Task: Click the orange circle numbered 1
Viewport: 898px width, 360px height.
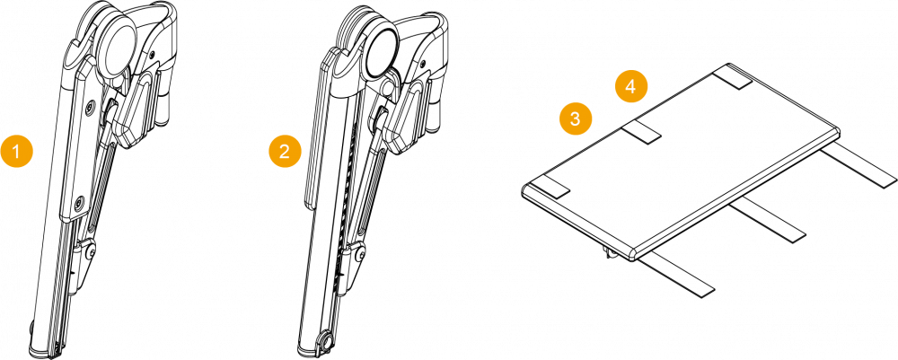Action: [16, 151]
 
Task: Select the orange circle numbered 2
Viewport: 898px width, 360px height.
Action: [285, 151]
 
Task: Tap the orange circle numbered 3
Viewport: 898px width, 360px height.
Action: [576, 119]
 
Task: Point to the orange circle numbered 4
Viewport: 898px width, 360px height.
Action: [631, 86]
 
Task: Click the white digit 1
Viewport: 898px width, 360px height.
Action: [16, 151]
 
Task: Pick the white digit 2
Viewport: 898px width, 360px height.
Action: [285, 151]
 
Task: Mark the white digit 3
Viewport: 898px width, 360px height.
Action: [576, 119]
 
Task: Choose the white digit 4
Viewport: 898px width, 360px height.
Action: [631, 86]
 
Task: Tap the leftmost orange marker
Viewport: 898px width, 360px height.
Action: [16, 151]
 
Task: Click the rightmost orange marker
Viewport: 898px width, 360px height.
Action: [631, 86]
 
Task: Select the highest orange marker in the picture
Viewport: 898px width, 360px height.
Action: [631, 86]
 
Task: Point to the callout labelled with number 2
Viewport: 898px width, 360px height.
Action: [285, 151]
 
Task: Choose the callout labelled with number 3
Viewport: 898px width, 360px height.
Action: [576, 119]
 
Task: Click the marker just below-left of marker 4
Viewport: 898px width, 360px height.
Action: [576, 119]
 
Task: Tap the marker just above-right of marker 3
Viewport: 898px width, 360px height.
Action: [631, 86]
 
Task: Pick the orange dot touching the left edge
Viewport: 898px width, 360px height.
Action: [16, 151]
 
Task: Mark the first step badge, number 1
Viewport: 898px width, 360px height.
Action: [16, 151]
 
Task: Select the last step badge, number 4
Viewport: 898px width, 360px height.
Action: [631, 86]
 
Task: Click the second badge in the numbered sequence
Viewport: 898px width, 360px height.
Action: [285, 151]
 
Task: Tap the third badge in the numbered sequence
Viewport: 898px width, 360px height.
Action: [576, 119]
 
